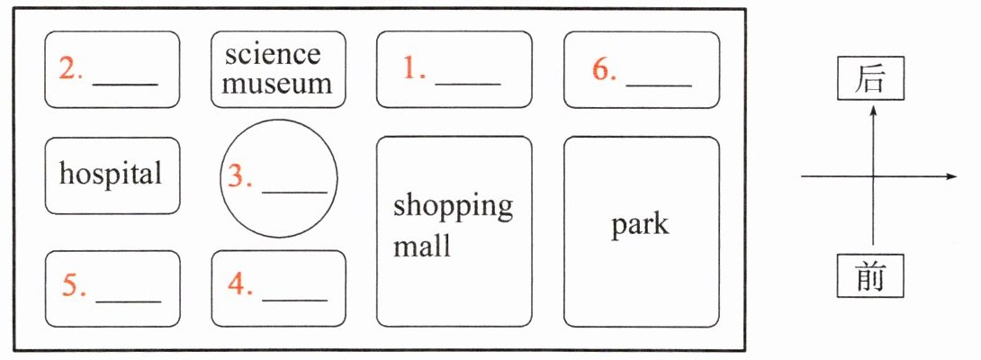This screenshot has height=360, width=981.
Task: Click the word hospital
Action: click(111, 173)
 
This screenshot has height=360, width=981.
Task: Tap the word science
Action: click(273, 55)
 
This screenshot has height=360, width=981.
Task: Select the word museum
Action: click(277, 85)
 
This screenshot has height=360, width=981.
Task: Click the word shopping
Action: click(453, 207)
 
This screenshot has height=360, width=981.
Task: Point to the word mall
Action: click(421, 246)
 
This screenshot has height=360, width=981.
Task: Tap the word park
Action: click(640, 224)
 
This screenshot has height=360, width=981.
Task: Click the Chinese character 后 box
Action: click(870, 79)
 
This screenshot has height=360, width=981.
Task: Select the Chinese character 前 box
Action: click(870, 276)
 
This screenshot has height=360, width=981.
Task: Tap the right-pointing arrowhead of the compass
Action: click(951, 176)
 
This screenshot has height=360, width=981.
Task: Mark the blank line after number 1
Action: click(467, 84)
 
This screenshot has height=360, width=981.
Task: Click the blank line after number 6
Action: click(659, 85)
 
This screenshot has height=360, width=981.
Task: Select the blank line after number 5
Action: click(128, 300)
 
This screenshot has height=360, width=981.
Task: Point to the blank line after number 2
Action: click(125, 85)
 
